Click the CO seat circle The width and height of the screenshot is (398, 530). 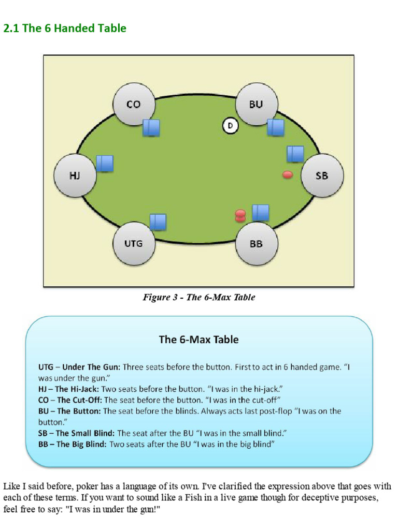click(134, 105)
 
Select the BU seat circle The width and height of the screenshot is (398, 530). click(256, 105)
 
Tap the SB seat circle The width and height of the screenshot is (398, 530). click(322, 176)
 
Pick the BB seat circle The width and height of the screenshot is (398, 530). click(257, 243)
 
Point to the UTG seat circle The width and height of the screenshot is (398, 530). click(134, 243)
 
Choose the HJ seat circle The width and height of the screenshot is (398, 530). click(75, 175)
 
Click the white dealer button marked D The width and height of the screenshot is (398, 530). click(230, 125)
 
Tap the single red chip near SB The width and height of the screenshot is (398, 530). click(288, 175)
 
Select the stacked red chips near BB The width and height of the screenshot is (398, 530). click(240, 215)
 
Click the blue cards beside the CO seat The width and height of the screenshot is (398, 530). click(151, 127)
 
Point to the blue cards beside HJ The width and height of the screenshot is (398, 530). click(105, 164)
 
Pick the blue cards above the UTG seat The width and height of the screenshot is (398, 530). click(158, 222)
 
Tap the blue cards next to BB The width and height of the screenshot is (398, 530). click(261, 213)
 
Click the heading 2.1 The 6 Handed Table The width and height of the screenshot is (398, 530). click(65, 28)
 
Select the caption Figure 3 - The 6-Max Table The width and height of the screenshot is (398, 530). click(199, 298)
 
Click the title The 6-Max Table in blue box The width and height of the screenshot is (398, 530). click(198, 340)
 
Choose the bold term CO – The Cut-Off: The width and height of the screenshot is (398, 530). click(70, 400)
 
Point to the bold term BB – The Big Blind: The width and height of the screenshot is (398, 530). click(76, 444)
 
